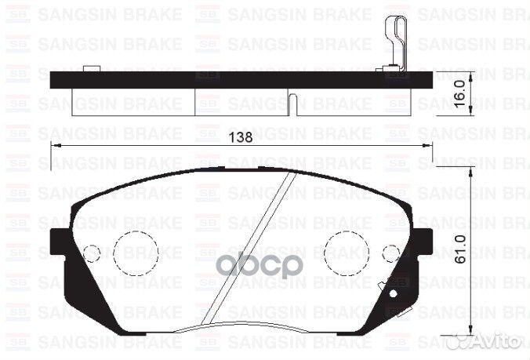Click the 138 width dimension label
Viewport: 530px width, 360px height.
(243, 136)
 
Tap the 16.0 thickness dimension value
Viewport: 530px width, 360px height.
(462, 93)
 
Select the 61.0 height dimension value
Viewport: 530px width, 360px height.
(462, 249)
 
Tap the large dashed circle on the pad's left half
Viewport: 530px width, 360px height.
(136, 253)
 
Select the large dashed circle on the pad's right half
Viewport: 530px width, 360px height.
(346, 252)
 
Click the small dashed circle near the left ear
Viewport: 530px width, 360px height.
(92, 253)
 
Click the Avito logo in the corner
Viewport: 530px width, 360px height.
(491, 342)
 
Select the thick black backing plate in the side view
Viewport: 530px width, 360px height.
(235, 79)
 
